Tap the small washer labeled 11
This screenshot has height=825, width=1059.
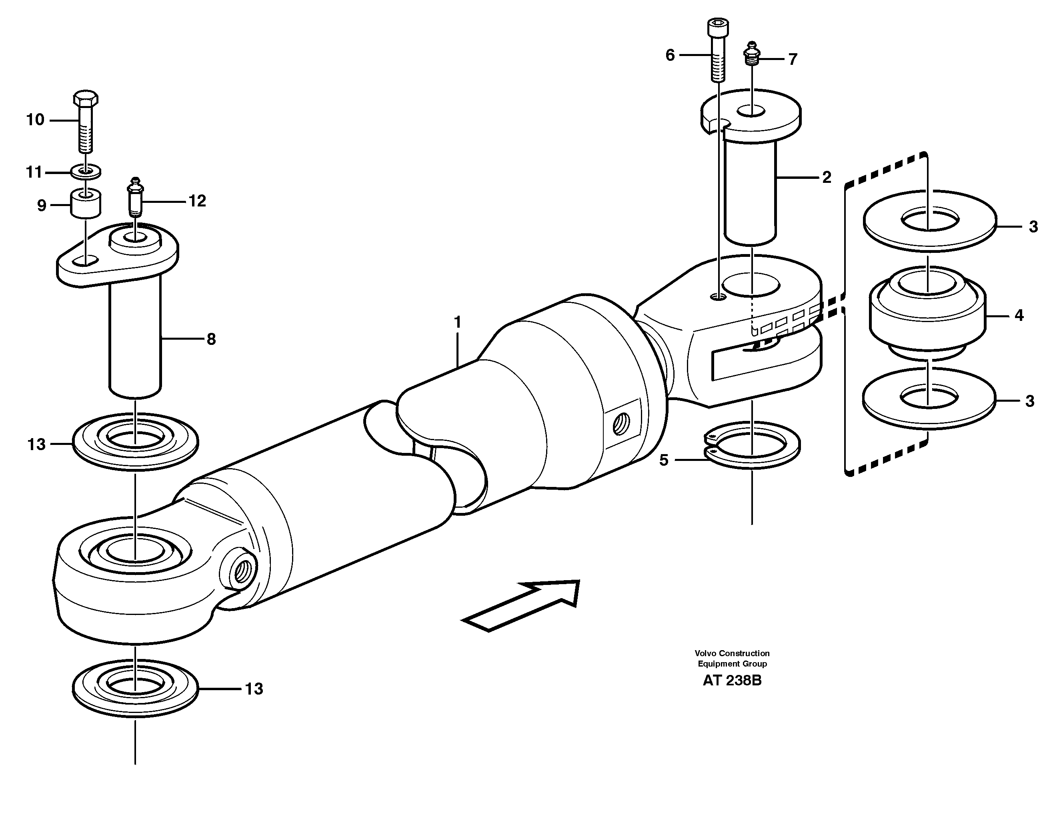point(86,172)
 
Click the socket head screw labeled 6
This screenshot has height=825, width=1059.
point(718,51)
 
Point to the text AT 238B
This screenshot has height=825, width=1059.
point(732,681)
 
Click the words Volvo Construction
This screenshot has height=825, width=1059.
point(732,653)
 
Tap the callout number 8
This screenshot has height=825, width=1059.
point(211,339)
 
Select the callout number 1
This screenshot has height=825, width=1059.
point(457,322)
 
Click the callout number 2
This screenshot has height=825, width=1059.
point(827,178)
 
